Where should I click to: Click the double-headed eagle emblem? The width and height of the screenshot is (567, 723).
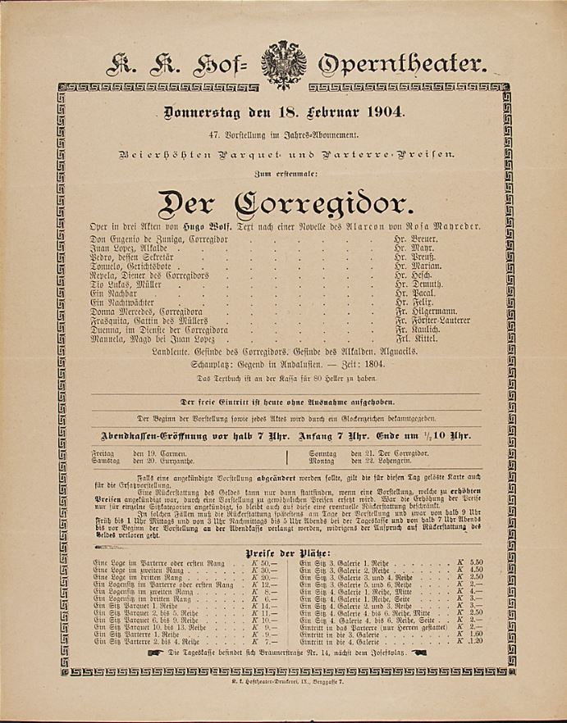[x=284, y=62]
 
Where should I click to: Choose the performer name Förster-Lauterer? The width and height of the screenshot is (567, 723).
[x=436, y=321]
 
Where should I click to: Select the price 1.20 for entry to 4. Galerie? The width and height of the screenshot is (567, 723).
[x=475, y=641]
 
